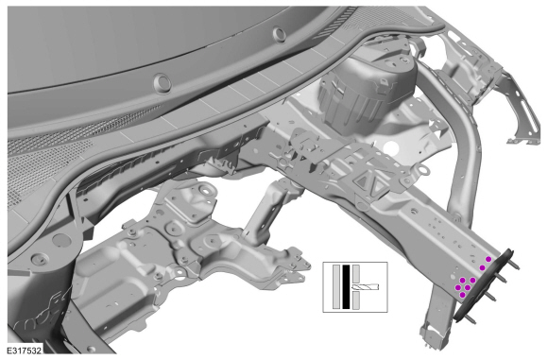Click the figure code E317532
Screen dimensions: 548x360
pos(25,351)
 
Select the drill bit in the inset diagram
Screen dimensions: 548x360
pos(366,287)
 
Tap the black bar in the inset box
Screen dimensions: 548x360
pos(346,287)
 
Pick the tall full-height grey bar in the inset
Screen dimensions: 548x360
pos(336,287)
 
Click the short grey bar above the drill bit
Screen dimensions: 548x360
pos(356,274)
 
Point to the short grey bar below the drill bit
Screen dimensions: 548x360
pos(356,300)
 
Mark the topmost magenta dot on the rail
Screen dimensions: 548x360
pos(488,259)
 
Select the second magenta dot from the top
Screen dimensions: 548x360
pos(482,267)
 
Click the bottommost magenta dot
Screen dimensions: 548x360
pos(463,295)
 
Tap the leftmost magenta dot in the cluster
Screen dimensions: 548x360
pos(457,287)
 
